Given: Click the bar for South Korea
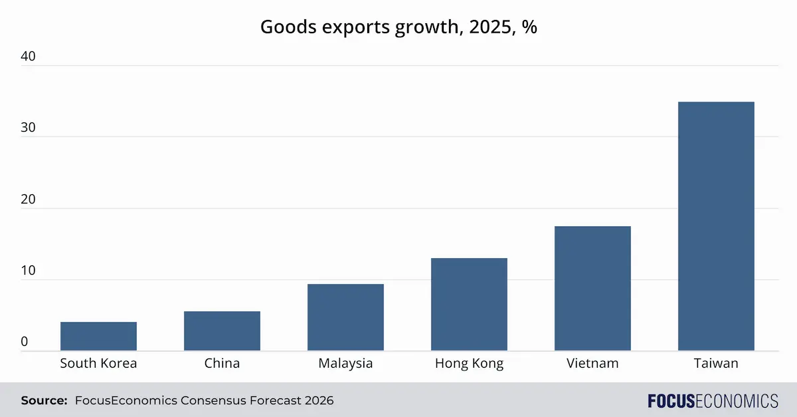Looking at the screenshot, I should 98,337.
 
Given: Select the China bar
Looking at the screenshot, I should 222,331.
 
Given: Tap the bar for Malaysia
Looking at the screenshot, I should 345,317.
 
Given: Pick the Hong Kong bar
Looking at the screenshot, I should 469,305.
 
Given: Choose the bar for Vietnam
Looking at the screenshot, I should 592,289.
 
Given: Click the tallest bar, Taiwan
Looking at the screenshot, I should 716,226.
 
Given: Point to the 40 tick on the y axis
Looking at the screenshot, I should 28,57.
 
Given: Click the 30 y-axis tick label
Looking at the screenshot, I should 28,128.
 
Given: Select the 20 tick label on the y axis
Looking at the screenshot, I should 28,200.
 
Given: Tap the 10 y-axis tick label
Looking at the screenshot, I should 28,271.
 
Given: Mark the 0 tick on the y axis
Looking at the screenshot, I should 25,342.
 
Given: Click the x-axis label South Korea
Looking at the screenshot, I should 98,363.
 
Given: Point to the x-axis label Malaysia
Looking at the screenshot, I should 345,363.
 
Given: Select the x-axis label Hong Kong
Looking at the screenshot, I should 469,363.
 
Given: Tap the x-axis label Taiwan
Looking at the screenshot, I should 716,363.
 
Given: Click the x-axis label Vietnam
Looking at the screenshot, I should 592,363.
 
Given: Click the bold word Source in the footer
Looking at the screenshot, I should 44,400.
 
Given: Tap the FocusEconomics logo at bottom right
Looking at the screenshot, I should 713,400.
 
